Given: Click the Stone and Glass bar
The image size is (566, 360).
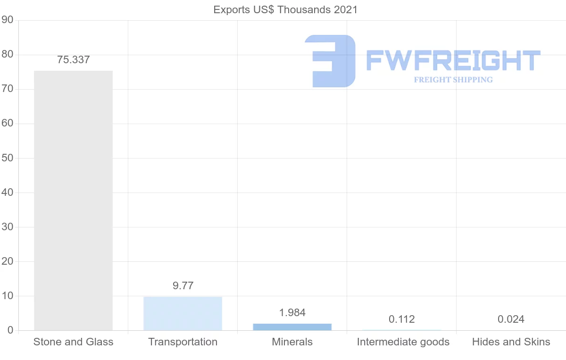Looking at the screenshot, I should tap(73, 201).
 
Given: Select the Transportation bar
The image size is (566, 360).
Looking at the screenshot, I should tap(183, 313).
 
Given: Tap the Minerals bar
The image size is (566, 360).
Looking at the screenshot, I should tap(292, 327).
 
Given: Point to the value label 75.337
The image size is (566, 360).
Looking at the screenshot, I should tap(73, 60).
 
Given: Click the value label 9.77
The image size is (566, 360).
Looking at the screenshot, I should tap(183, 285).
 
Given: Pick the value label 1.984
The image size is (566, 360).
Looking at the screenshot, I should tap(292, 312).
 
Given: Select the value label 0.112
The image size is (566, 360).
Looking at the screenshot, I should tap(402, 319).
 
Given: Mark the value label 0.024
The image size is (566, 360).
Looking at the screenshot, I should tap(511, 319).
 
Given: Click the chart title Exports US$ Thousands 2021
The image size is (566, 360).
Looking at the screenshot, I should tap(285, 9).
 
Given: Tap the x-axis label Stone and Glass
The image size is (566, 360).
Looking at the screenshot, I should tap(73, 342).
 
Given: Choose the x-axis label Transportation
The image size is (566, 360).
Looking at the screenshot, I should tap(183, 342).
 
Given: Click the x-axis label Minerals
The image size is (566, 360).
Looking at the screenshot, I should tap(292, 342).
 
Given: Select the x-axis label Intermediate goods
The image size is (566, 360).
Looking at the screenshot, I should tap(403, 342).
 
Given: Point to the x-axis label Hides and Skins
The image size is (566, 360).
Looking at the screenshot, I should tap(511, 342).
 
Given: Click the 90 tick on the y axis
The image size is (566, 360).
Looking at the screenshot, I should tap(7, 20).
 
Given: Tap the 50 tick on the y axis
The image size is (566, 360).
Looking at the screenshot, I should tap(7, 158).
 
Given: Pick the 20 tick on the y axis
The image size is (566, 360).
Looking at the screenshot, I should tap(7, 261).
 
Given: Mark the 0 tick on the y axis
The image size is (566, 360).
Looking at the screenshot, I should tap(10, 330).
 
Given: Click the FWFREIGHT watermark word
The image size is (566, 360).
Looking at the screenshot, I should tap(453, 61).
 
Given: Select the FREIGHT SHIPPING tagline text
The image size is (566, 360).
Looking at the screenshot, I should tap(453, 80).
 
